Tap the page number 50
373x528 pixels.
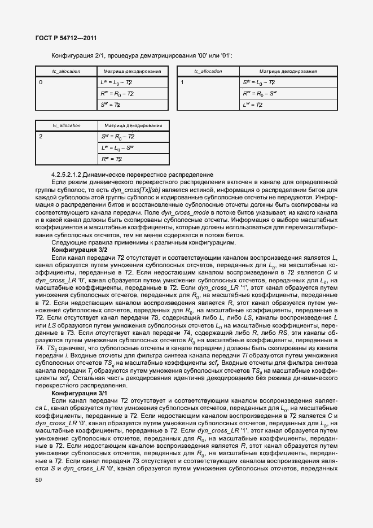38,480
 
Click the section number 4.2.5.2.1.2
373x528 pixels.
72,174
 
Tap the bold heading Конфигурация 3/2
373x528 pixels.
79,250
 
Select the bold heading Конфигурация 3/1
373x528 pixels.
79,392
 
